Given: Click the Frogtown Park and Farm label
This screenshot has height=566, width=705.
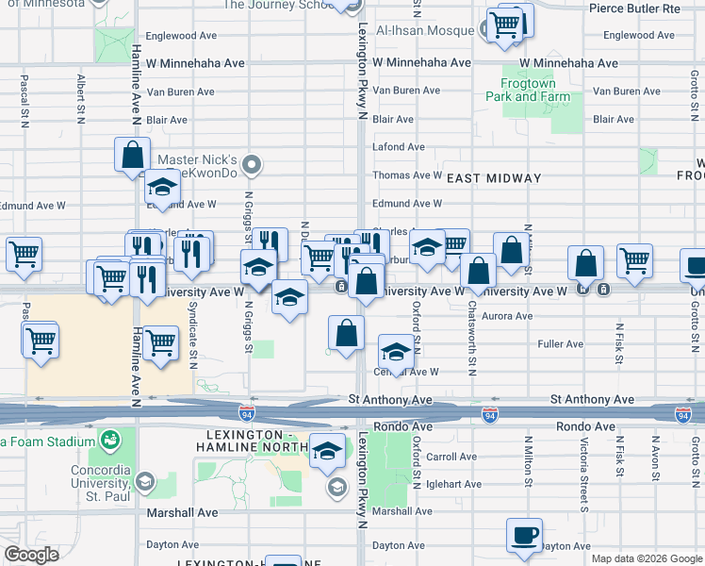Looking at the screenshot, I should [x=529, y=90].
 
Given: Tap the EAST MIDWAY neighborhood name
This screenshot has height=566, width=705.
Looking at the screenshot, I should [x=494, y=177].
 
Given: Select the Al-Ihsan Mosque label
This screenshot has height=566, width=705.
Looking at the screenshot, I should [x=425, y=30].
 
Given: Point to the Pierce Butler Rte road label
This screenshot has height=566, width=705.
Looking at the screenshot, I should [x=633, y=8].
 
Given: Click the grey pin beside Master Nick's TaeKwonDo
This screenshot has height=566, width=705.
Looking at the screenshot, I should [x=251, y=166].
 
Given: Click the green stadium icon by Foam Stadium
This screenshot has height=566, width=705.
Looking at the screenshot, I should [x=111, y=441].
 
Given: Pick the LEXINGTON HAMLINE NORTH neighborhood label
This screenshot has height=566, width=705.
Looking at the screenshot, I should [x=251, y=440].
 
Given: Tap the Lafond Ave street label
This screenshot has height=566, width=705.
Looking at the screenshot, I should [x=399, y=147].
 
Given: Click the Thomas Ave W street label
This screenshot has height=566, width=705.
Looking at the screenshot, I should [x=407, y=175].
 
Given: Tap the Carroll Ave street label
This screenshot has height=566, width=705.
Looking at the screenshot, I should [x=451, y=457].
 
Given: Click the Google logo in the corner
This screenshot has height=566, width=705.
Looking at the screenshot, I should [x=31, y=555].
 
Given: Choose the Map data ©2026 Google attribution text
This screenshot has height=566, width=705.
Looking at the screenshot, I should [x=646, y=558].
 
